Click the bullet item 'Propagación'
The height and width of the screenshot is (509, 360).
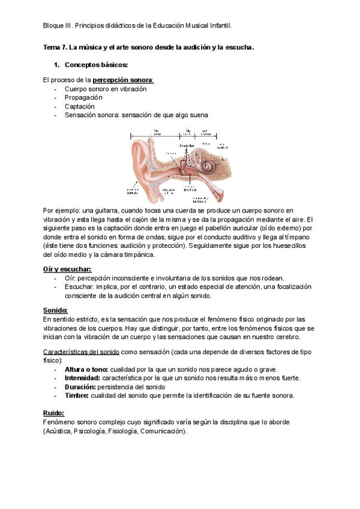click(x=83, y=97)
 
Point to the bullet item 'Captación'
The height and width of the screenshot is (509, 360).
click(x=80, y=106)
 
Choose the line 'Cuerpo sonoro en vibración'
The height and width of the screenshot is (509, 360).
click(x=106, y=89)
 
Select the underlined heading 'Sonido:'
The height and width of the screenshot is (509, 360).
click(x=55, y=310)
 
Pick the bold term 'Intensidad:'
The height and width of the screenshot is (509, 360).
click(x=83, y=378)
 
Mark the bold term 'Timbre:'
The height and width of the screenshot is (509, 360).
click(x=77, y=396)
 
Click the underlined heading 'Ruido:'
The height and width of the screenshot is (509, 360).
click(x=53, y=413)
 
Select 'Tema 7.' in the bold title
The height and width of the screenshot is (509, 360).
click(x=55, y=47)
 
